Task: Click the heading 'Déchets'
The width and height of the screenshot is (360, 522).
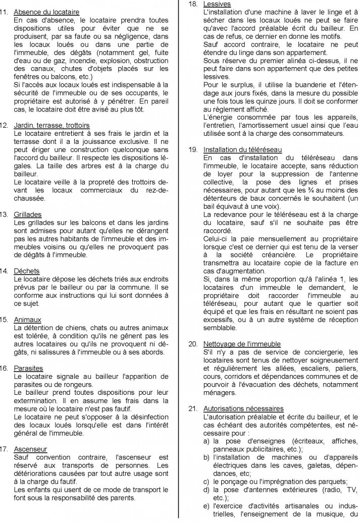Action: point(27,271)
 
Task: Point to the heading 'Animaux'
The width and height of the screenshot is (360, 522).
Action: point(28,320)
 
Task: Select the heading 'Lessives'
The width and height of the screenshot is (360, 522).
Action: point(217,4)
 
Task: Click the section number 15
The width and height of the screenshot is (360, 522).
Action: point(6,320)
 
